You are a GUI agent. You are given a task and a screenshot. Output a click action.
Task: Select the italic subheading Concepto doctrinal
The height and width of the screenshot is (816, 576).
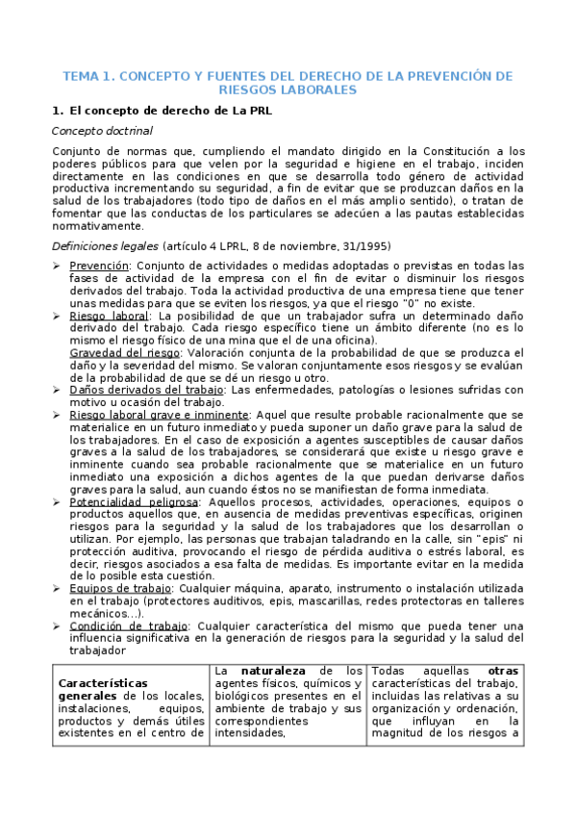[x=101, y=130]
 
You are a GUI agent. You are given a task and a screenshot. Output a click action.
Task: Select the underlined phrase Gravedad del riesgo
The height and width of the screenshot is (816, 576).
[x=118, y=352]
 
